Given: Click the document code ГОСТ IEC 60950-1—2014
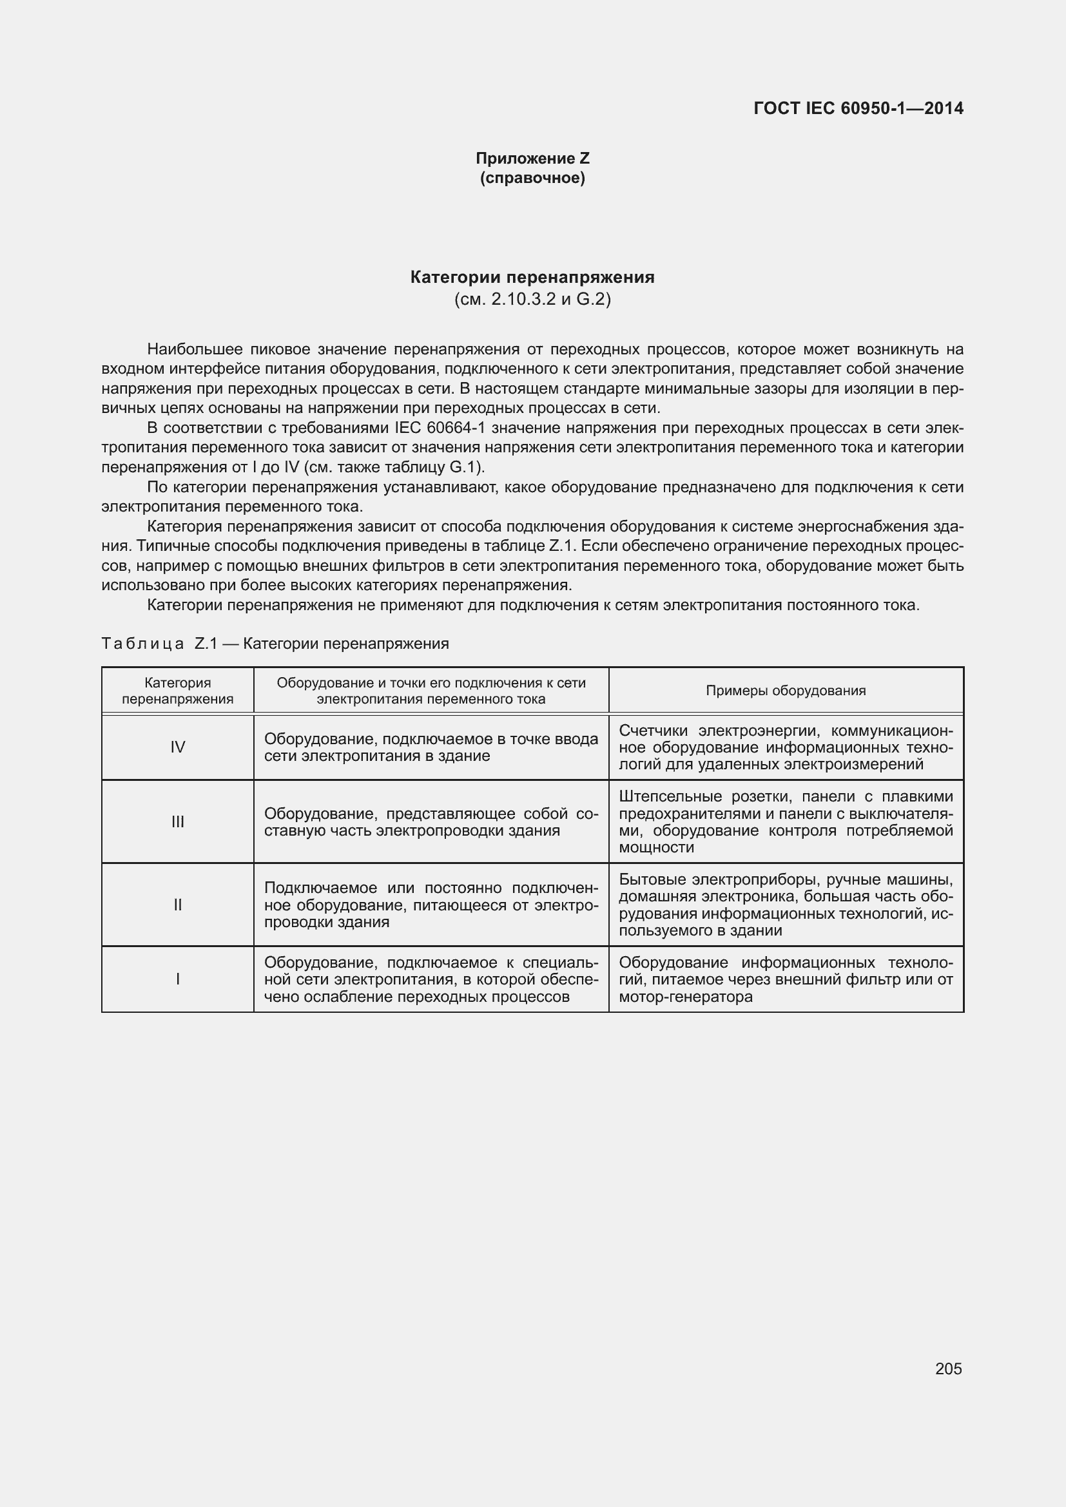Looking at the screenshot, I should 858,108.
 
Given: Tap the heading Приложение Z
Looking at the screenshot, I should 532,158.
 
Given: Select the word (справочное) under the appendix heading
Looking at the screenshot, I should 532,178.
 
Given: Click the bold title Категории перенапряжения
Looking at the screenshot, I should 532,277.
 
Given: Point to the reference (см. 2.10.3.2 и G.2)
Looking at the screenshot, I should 532,300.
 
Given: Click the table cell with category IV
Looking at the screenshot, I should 177,747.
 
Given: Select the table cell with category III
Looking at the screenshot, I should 177,821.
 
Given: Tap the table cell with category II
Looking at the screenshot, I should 177,905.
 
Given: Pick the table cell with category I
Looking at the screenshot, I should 177,979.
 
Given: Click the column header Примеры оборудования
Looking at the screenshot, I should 786,691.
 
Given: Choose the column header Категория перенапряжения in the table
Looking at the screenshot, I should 177,691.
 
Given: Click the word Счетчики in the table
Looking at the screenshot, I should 654,731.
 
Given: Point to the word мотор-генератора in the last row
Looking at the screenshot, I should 685,997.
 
